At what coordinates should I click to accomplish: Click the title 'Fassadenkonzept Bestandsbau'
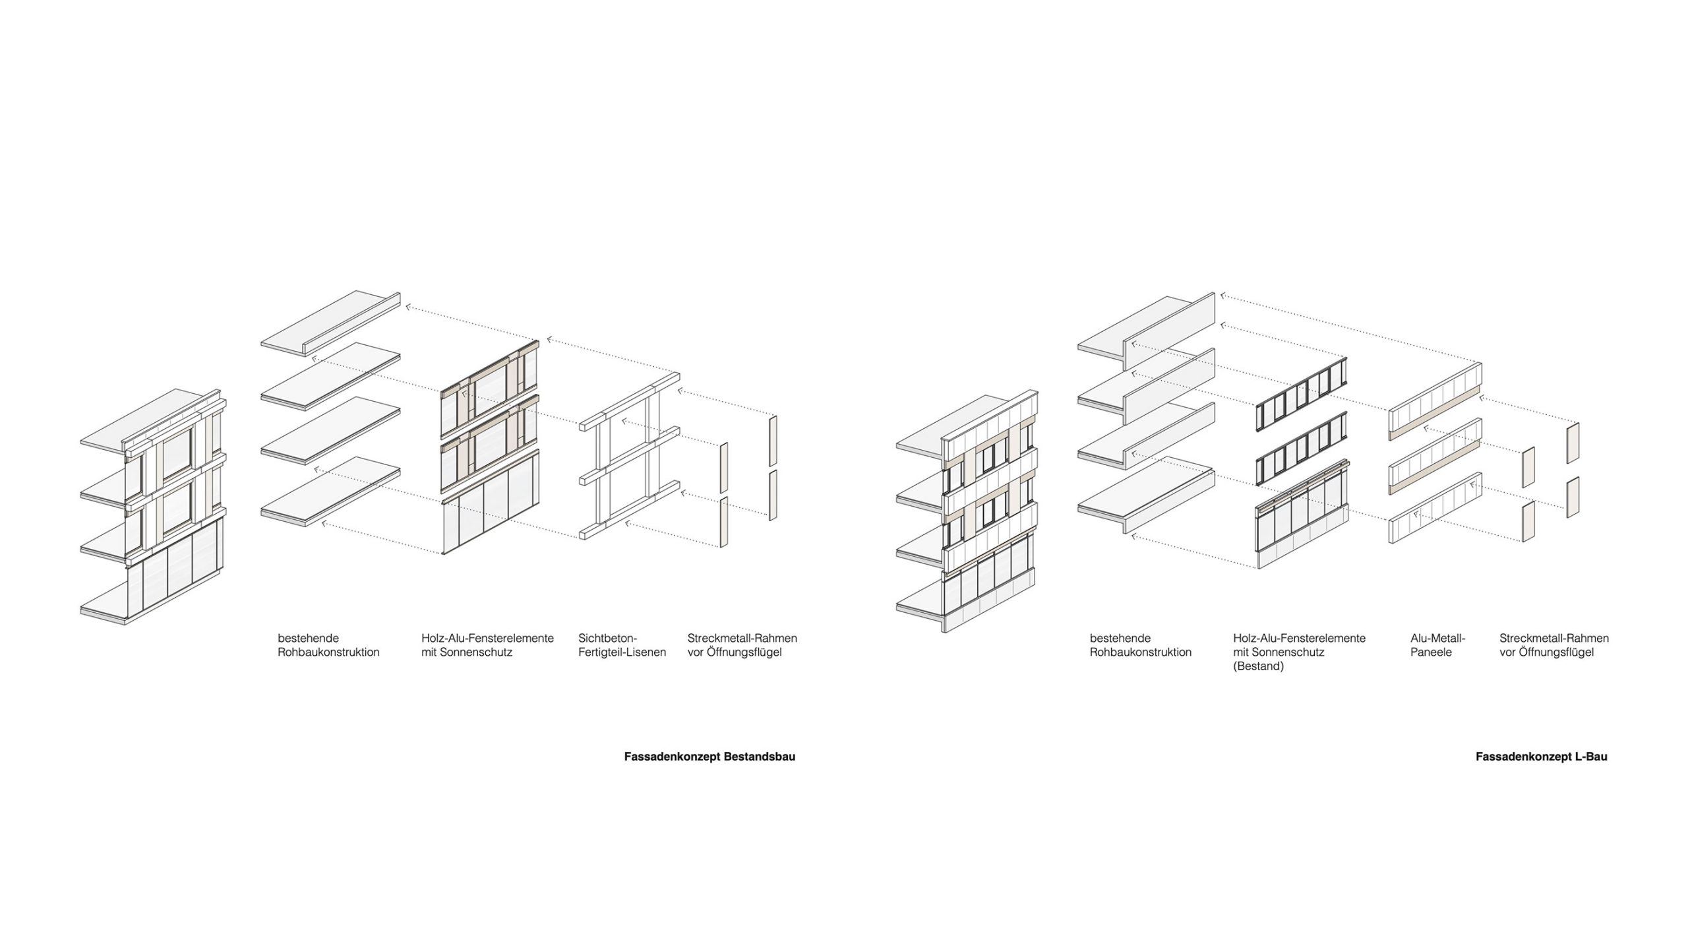709,757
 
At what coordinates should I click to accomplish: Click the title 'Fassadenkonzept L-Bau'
1541,757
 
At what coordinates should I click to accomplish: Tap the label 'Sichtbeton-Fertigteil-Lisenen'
622,645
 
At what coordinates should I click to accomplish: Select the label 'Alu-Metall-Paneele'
1437,645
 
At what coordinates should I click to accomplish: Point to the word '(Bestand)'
1259,666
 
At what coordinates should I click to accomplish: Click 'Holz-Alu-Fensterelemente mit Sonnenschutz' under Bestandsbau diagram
487,645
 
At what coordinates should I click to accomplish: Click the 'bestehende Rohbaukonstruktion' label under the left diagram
328,645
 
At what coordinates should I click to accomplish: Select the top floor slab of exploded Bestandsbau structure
330,321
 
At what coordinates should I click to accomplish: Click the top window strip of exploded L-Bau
1300,395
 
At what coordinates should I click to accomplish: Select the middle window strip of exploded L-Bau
1300,450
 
